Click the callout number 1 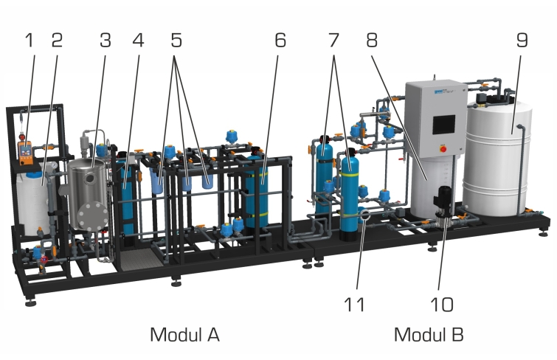point(30,40)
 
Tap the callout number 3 point(105,40)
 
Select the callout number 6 point(280,40)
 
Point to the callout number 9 point(522,40)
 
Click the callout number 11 point(354,305)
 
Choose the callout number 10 point(442,305)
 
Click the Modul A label point(184,335)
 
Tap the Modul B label point(429,335)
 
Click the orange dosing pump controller point(25,153)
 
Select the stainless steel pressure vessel point(88,194)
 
